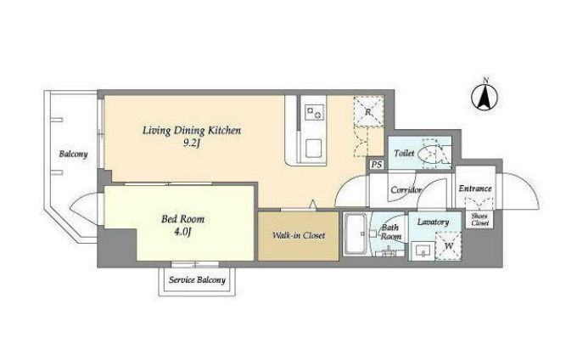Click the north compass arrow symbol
point(485,97)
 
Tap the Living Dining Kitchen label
point(192,130)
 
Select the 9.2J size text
point(192,143)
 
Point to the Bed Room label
point(182,219)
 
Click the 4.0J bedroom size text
point(183,232)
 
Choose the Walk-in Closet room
point(298,235)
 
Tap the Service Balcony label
point(197,280)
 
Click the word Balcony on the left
point(73,154)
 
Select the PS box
point(377,165)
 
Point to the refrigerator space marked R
point(369,111)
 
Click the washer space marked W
point(449,246)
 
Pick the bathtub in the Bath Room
point(355,234)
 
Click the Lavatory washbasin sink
point(423,251)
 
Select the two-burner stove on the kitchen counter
point(313,111)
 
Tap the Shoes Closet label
point(480,220)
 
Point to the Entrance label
point(475,188)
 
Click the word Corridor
point(406,190)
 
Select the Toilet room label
point(404,153)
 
